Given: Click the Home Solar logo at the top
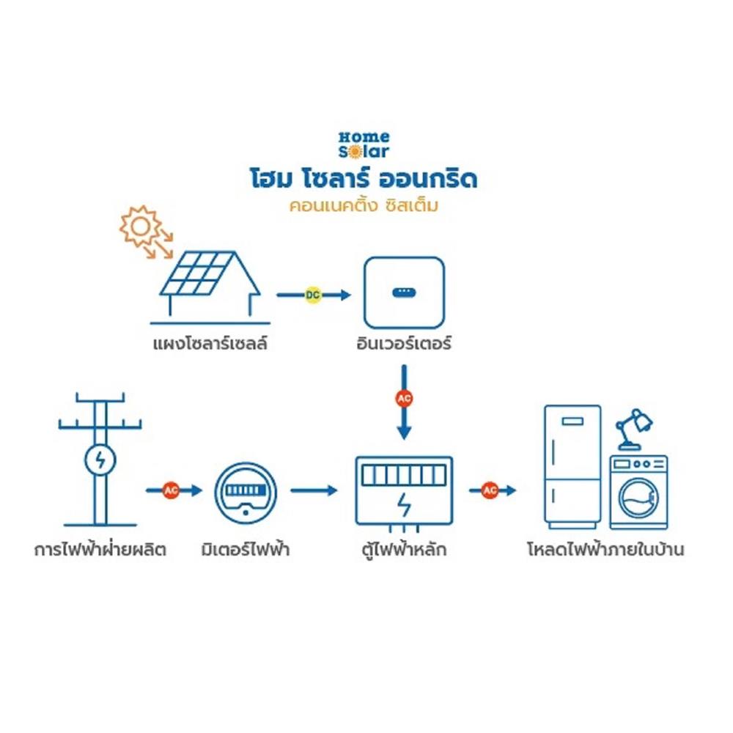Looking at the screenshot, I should pos(364,144).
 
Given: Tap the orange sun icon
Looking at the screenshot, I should pos(139,226).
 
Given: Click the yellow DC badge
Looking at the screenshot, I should pos(313,295).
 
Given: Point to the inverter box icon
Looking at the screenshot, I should pos(404,292).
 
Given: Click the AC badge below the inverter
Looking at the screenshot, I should pos(404,399).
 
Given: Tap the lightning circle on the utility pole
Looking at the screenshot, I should pos(100,460).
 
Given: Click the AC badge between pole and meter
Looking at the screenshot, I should pos(171,490).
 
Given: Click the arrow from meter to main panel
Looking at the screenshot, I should pos(314,490).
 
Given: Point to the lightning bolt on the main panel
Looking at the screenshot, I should pos(404,505).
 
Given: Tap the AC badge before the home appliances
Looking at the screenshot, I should pos(490,490).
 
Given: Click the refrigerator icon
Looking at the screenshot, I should pos(572,466).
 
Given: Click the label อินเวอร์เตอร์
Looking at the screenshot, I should pos(404,342).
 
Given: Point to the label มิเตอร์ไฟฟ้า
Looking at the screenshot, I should pos(246,548).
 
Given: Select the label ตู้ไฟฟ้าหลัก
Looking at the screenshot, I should pos(404,548).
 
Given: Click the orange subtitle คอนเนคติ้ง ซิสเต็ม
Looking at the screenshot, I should pos(364,206).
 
